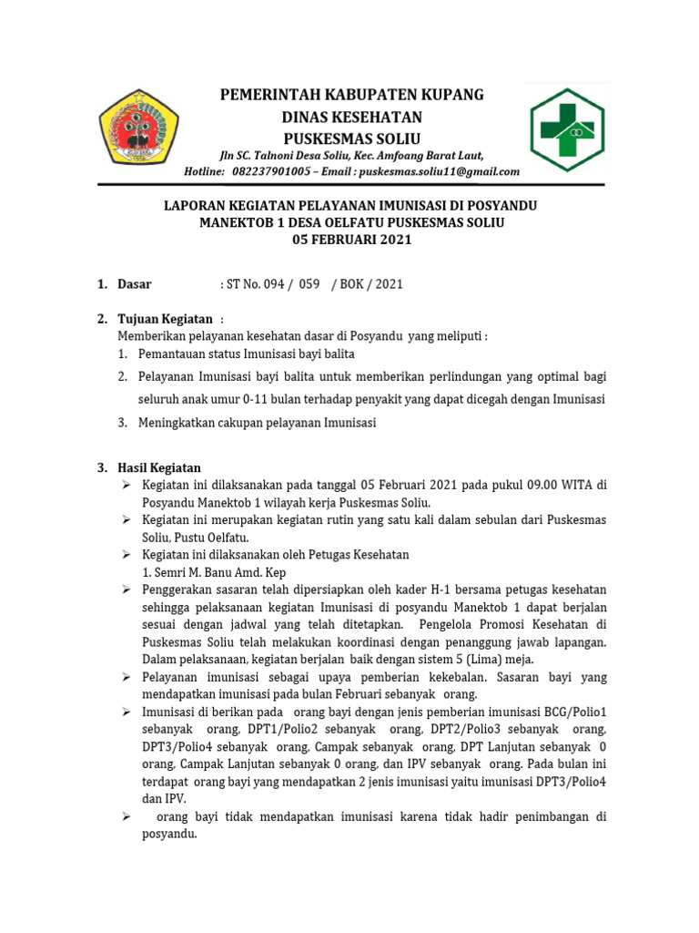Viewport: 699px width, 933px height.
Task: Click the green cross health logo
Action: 573,129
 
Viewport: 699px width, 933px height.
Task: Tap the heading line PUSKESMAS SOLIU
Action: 350,138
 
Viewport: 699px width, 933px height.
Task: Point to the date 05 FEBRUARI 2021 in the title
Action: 351,241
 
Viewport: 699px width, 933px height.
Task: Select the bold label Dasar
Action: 135,284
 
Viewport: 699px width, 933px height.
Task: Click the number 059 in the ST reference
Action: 310,284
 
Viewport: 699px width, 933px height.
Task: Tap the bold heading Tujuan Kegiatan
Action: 165,319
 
